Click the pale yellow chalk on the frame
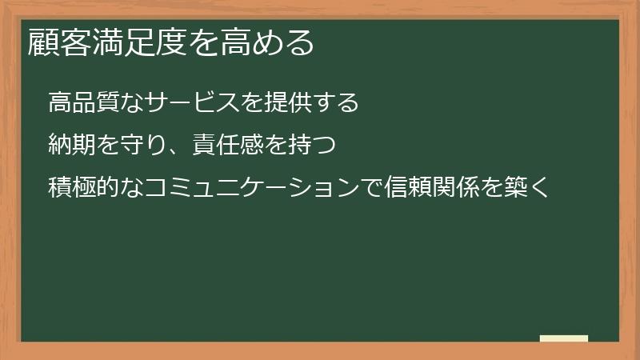[563, 339]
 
